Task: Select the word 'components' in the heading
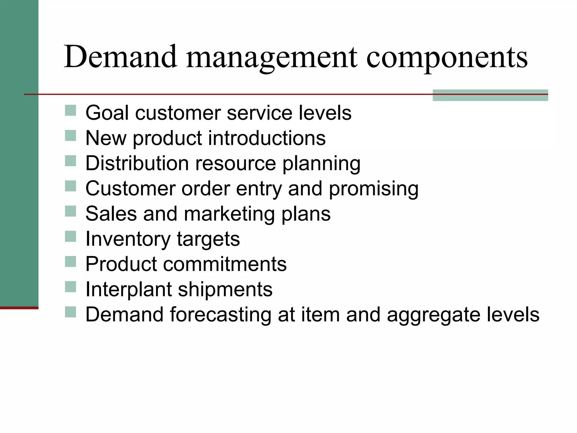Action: [447, 58]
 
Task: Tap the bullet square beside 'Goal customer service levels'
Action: [70, 111]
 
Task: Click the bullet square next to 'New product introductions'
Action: [70, 136]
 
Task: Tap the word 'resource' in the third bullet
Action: [236, 163]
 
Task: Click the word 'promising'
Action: [374, 189]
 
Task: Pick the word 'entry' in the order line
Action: [259, 189]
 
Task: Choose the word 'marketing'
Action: [229, 214]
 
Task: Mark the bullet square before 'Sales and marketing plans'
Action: [70, 211]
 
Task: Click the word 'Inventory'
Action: [128, 239]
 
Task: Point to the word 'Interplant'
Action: [129, 290]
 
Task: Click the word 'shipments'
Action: [225, 290]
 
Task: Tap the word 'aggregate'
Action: [434, 315]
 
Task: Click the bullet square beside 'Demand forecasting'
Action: [70, 312]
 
